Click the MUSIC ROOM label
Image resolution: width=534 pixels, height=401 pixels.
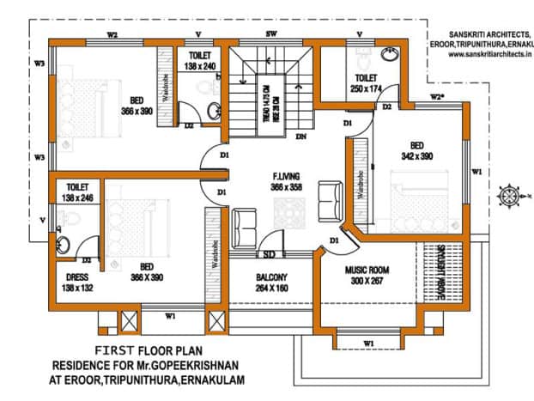click(x=367, y=270)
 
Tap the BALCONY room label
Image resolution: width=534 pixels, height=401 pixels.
click(x=270, y=277)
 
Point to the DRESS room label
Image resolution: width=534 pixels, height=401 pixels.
click(x=78, y=277)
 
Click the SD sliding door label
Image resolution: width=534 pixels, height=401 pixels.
click(x=269, y=255)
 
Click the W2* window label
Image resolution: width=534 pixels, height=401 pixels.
click(x=437, y=96)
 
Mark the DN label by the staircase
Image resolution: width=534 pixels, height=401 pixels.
click(x=300, y=136)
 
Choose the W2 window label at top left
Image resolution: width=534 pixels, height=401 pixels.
click(x=112, y=35)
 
